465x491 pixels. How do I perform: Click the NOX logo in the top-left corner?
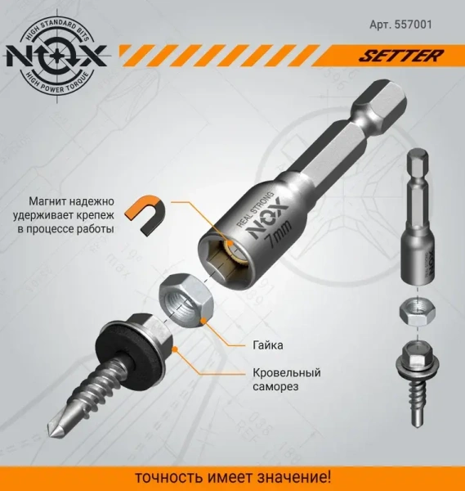coord(55,55)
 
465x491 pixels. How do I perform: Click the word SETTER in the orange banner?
coord(412,57)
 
